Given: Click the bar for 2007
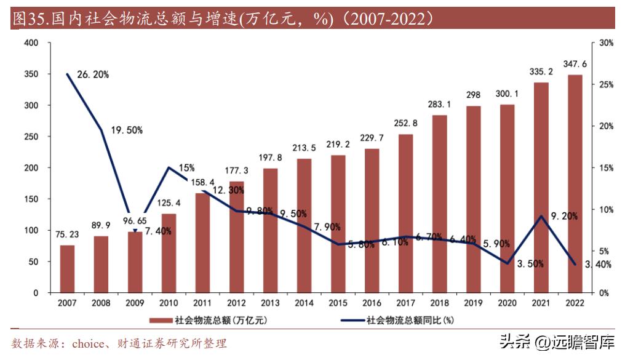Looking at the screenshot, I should (x=67, y=269).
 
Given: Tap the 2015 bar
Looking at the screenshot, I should (x=338, y=224).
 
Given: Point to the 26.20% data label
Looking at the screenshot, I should (x=93, y=74).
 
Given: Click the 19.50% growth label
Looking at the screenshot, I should (x=127, y=130).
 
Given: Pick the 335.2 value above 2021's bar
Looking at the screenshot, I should (x=541, y=72).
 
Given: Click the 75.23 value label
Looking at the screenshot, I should (x=67, y=235).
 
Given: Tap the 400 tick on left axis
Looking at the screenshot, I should (x=31, y=43).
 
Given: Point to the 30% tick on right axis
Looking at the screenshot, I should (x=606, y=43).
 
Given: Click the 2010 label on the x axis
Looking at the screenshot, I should (x=169, y=303).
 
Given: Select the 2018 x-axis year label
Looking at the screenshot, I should (x=439, y=303).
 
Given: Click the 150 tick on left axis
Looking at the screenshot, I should (x=31, y=199).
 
